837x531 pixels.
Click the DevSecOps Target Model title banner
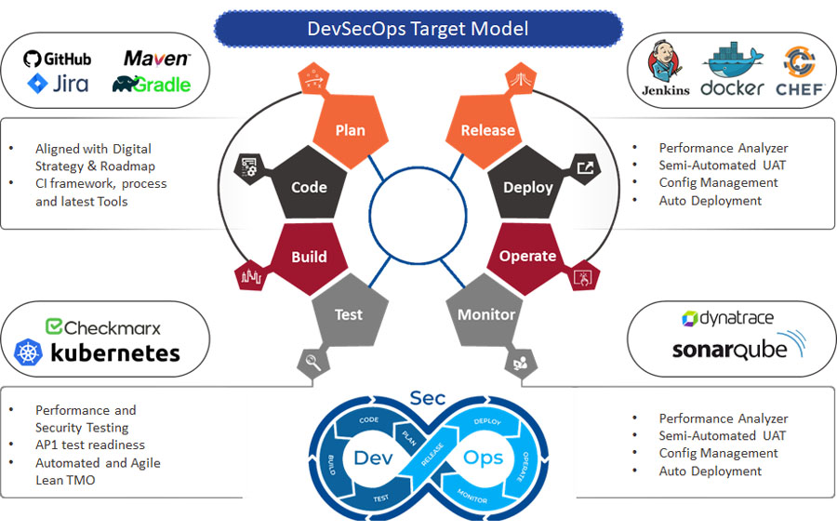(x=418, y=29)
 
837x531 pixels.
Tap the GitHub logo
(x=58, y=59)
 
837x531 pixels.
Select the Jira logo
(x=58, y=84)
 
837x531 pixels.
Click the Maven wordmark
(x=157, y=59)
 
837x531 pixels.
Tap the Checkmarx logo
(x=103, y=327)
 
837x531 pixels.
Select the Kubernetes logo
(x=98, y=352)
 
